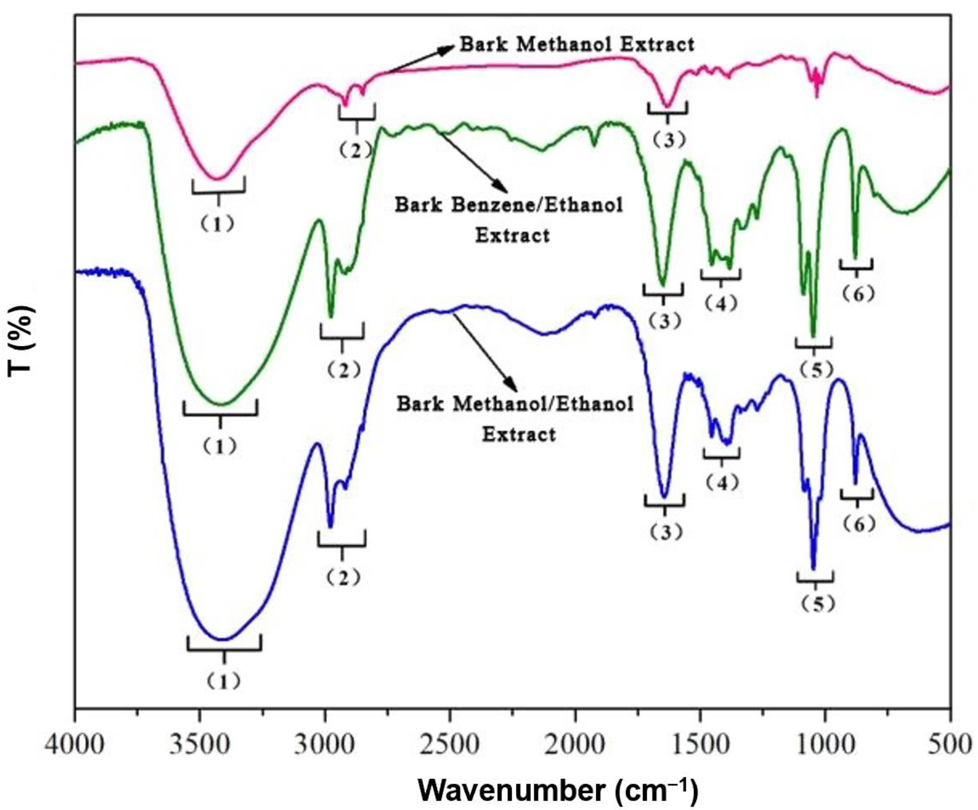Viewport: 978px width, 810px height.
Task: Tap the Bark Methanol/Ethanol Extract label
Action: coord(516,419)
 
